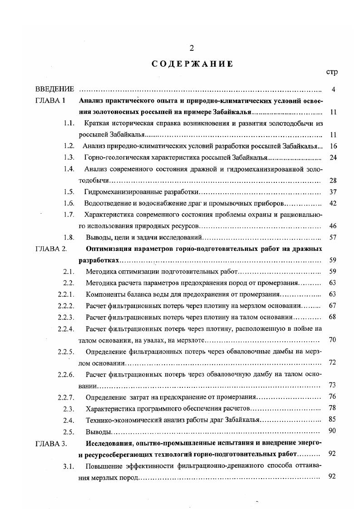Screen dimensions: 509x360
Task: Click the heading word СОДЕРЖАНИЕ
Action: point(192,64)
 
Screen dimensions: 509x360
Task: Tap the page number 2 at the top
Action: point(192,49)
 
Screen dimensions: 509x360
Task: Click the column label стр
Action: point(332,72)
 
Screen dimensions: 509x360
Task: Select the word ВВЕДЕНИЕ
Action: point(55,90)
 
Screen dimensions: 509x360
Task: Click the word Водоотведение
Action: point(106,203)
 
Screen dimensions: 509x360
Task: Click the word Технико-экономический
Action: point(120,420)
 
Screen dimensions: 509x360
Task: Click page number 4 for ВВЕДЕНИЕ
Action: point(333,90)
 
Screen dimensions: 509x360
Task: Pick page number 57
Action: point(332,237)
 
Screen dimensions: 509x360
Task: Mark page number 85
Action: point(332,419)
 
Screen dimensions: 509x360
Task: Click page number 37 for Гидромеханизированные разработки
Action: point(332,192)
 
